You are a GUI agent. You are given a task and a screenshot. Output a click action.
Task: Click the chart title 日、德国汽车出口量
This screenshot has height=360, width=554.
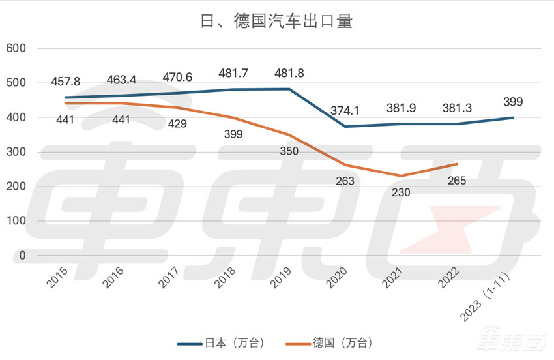(276, 22)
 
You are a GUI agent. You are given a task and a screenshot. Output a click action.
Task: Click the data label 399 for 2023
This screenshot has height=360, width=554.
(513, 102)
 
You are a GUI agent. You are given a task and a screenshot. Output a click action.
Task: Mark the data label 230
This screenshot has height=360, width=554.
(401, 192)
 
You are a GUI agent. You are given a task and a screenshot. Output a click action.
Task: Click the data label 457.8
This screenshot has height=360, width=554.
(66, 82)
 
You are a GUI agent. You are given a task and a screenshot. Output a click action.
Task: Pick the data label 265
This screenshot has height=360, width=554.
(457, 181)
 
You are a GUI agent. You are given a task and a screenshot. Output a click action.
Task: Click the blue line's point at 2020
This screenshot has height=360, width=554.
(345, 127)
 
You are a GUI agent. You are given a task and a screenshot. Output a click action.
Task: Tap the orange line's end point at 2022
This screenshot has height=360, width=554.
(457, 164)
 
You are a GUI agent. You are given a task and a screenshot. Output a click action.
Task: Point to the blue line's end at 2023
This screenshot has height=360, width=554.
(513, 117)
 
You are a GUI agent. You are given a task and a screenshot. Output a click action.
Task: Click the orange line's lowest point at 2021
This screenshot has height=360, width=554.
(401, 176)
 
